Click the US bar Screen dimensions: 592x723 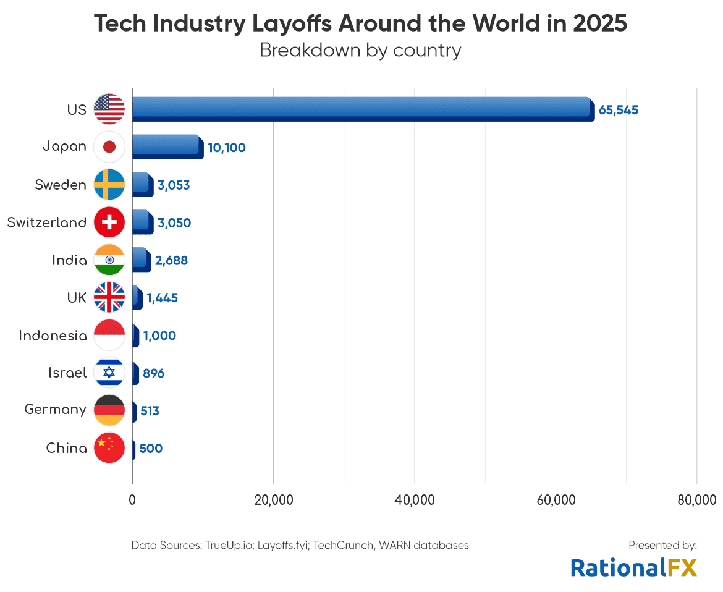(x=363, y=109)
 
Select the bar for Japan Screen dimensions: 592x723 (x=167, y=146)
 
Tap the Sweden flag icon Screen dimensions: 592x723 (x=109, y=184)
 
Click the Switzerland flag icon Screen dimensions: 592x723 (x=109, y=222)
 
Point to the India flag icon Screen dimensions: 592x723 (x=109, y=260)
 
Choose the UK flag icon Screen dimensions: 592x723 (x=109, y=297)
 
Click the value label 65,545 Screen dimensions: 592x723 (x=618, y=111)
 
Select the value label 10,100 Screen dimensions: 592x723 (x=226, y=148)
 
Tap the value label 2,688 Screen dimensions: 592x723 (x=171, y=261)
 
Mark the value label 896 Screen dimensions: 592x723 (x=153, y=373)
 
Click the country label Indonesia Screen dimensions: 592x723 (x=53, y=336)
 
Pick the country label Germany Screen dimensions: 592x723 (x=55, y=409)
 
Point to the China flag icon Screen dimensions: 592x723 (x=109, y=447)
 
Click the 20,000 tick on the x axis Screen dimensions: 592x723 (x=273, y=499)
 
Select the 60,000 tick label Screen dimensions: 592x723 (x=556, y=499)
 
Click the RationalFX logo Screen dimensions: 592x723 (x=633, y=567)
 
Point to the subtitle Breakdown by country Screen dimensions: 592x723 (x=360, y=50)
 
